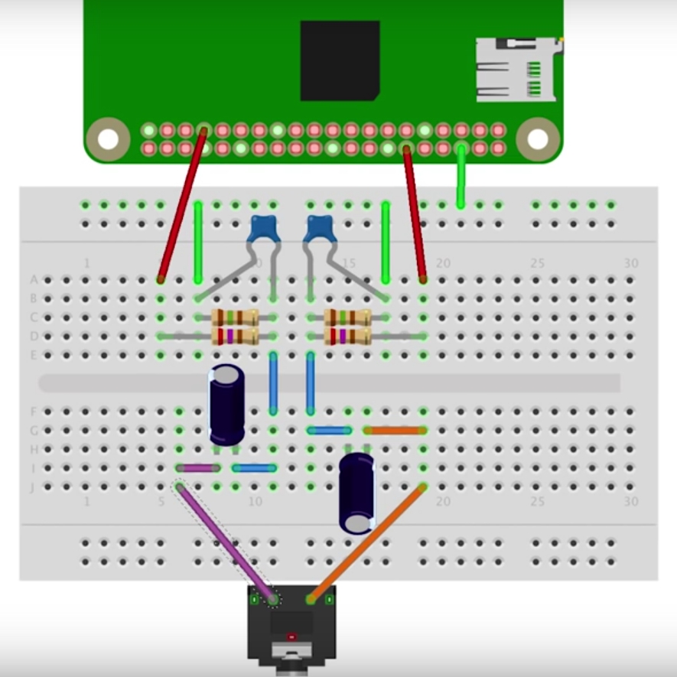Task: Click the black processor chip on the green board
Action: pos(340,60)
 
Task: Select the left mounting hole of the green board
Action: pos(108,138)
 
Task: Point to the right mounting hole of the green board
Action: pos(538,138)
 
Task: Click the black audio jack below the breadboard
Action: pos(291,627)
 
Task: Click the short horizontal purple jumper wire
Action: pos(198,468)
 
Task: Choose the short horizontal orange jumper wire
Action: pos(395,431)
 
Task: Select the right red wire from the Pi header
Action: pos(415,214)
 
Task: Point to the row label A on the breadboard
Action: pos(34,280)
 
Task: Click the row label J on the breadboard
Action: pos(33,487)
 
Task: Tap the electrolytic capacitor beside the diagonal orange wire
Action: pos(356,493)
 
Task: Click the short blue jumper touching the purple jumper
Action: pos(254,468)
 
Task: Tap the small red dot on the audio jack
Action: pos(291,636)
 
